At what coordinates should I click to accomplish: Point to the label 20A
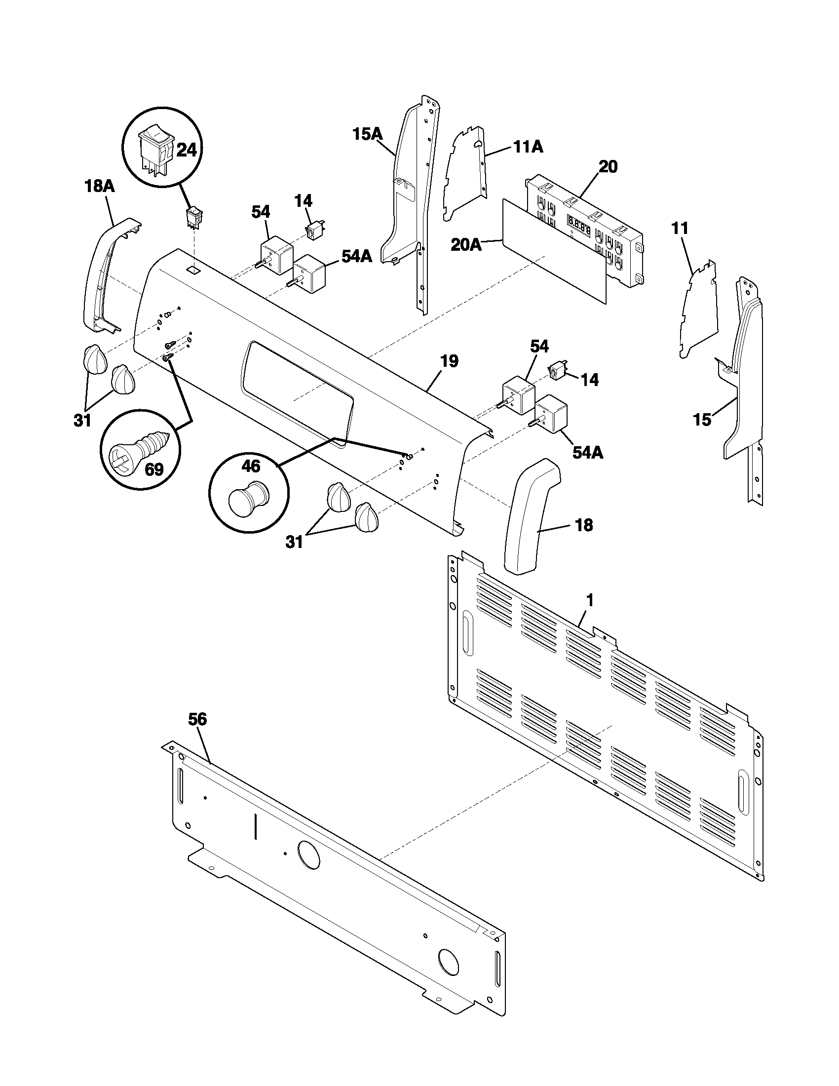point(466,245)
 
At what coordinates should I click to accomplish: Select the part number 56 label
point(197,719)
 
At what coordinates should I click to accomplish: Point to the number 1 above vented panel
point(589,601)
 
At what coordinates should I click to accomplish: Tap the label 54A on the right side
point(588,453)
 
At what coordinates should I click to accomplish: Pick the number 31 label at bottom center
point(294,542)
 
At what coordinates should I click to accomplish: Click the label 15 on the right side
point(703,420)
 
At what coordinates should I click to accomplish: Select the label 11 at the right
point(680,228)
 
